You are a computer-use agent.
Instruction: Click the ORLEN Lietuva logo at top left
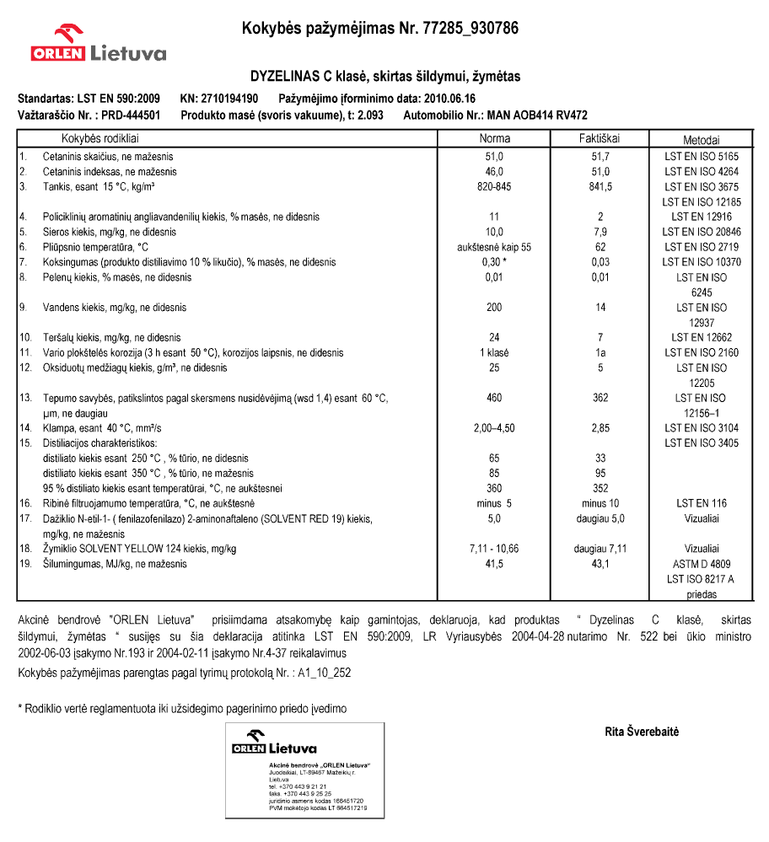point(98,45)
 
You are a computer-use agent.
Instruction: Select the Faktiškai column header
point(600,139)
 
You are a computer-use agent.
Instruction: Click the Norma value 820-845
point(494,187)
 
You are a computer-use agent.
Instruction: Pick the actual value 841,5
point(600,187)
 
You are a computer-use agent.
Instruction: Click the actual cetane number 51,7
point(600,157)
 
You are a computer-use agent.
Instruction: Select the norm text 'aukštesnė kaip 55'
point(494,248)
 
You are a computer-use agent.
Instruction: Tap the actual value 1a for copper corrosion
point(600,353)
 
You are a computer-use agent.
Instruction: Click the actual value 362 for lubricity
point(600,398)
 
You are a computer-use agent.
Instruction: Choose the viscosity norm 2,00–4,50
point(494,428)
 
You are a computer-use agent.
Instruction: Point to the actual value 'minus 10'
point(600,503)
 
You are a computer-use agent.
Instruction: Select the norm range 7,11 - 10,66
point(494,549)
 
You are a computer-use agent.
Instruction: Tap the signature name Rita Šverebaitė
point(642,732)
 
